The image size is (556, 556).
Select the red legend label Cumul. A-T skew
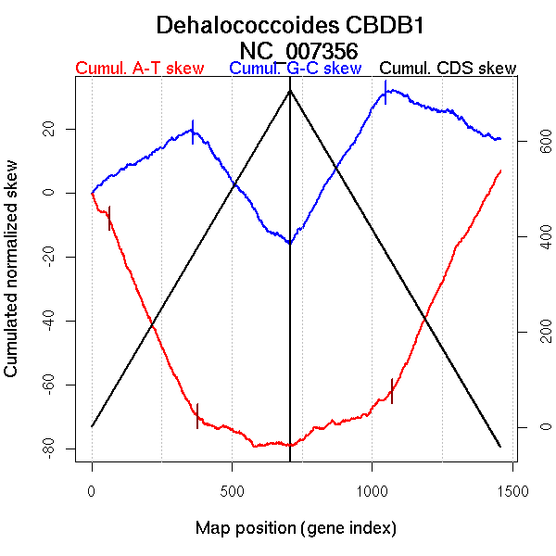139,69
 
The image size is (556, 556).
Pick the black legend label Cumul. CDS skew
449,69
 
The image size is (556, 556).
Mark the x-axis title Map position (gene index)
297,529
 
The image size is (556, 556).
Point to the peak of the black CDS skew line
290,90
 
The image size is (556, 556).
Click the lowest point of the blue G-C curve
290,243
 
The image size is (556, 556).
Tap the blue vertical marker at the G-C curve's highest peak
385,92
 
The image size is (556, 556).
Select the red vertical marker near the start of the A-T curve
109,218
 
